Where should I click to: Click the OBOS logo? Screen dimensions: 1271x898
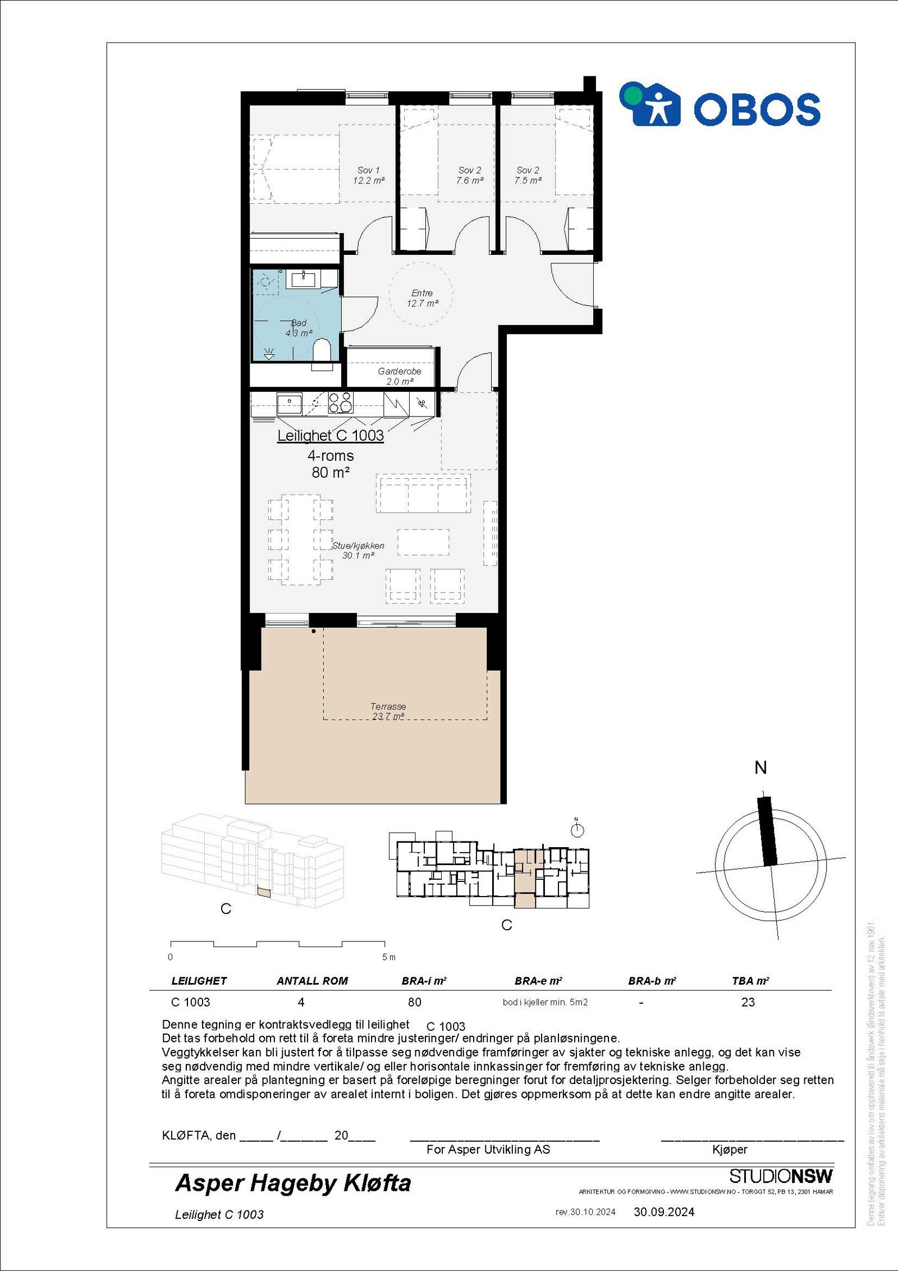[x=720, y=105]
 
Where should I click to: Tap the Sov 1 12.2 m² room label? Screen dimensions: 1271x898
[x=368, y=175]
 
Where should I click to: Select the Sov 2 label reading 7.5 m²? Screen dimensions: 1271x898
[x=528, y=175]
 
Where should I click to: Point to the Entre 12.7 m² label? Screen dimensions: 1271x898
[x=422, y=298]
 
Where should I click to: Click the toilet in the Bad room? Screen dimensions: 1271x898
[x=322, y=350]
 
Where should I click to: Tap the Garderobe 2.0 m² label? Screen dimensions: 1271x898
[x=399, y=376]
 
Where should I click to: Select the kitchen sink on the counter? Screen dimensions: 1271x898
[x=289, y=403]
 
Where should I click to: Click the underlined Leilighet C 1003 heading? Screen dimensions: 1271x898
[x=331, y=436]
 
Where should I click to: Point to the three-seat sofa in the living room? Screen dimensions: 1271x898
[x=423, y=493]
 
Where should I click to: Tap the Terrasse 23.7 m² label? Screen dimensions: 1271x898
[x=388, y=711]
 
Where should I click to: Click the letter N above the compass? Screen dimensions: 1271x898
[x=760, y=768]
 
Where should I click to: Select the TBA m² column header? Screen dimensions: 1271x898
[x=750, y=980]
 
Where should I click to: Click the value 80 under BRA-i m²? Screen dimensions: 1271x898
[x=414, y=1002]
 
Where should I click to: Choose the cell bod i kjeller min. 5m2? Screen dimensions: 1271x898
[x=545, y=1002]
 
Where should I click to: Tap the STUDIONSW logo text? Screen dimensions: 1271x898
[x=781, y=1176]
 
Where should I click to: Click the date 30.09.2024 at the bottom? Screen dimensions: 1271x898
[x=664, y=1211]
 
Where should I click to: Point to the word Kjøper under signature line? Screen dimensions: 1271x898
[x=730, y=1149]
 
